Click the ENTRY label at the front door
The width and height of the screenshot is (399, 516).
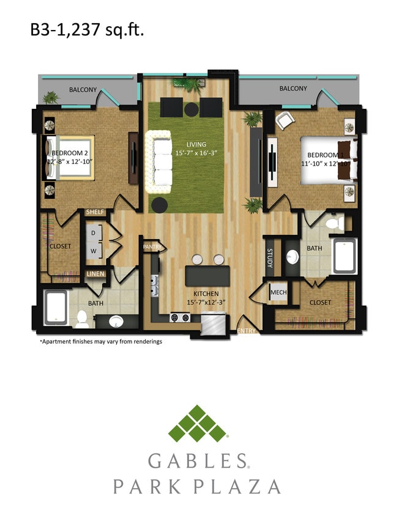tap(247, 331)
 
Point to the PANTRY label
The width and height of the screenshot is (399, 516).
tap(151, 246)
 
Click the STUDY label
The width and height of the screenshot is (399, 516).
tap(269, 258)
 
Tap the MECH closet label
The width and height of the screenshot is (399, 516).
tap(278, 292)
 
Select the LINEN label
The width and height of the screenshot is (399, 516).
tap(95, 274)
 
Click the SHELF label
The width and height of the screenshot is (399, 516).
tap(95, 212)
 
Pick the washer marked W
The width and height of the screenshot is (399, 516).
tap(94, 250)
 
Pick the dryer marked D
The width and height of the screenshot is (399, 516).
tap(94, 233)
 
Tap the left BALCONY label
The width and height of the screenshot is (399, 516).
tap(83, 89)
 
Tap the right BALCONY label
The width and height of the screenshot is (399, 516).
tap(293, 89)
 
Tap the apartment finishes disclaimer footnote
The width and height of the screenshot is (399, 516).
tap(101, 342)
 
